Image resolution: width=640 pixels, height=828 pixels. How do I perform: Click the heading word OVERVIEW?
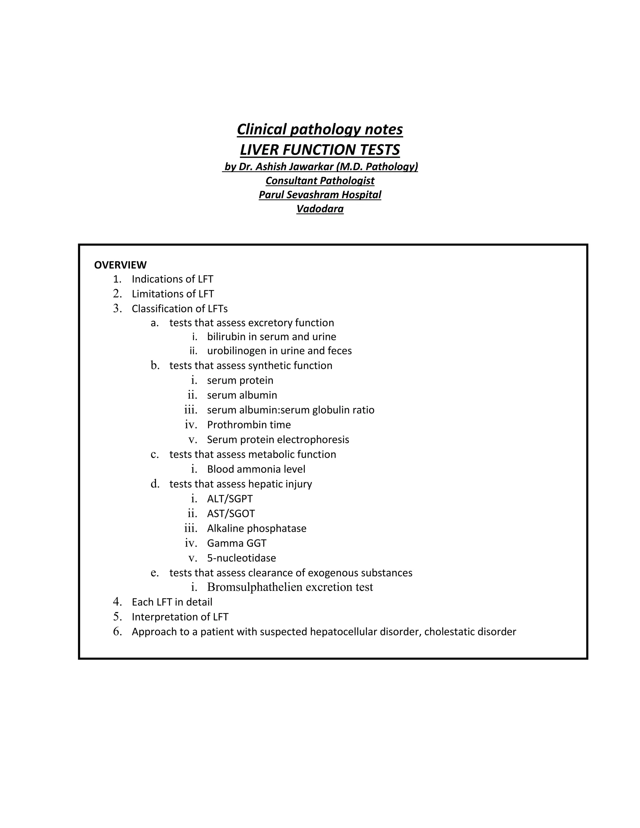coord(120,265)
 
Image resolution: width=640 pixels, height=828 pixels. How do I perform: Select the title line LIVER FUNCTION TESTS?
coord(320,150)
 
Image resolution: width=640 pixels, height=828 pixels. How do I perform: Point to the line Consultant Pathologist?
coord(320,181)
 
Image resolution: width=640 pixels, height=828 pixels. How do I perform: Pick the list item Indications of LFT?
coord(172,279)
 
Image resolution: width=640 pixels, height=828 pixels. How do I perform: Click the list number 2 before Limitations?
coord(117,294)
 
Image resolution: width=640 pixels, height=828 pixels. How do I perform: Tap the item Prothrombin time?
coord(249,425)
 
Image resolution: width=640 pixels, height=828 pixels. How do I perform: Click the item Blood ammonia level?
coord(256,469)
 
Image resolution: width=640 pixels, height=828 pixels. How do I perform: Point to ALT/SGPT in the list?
coord(230,499)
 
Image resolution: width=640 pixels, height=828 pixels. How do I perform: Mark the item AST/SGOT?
coord(231,514)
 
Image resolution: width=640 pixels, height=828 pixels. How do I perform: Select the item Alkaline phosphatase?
coord(257,528)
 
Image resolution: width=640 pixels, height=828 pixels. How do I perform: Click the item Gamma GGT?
coord(237,543)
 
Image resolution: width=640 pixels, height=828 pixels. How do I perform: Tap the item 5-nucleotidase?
coord(242,558)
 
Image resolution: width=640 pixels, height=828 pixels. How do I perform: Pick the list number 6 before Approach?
coord(117,631)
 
